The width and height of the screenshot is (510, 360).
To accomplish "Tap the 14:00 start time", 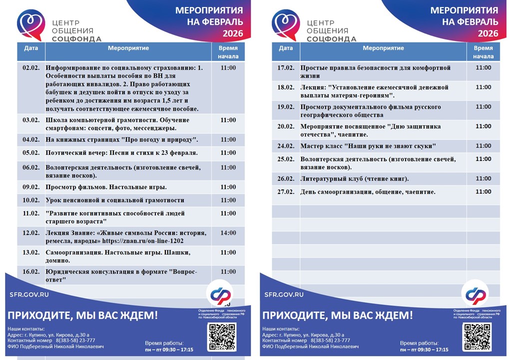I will click(x=228, y=233).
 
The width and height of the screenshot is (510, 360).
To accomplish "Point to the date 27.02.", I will click(x=286, y=192).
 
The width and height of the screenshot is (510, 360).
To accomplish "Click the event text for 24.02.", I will click(x=368, y=146).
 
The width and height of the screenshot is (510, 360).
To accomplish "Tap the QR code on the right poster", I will click(x=477, y=336).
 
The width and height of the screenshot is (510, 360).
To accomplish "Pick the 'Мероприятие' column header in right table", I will click(x=383, y=48).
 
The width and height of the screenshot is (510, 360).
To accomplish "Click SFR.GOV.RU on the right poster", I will click(x=283, y=295).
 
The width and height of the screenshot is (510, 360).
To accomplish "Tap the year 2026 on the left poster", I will click(x=232, y=33).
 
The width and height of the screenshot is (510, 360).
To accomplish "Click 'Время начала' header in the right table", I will click(x=483, y=52).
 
